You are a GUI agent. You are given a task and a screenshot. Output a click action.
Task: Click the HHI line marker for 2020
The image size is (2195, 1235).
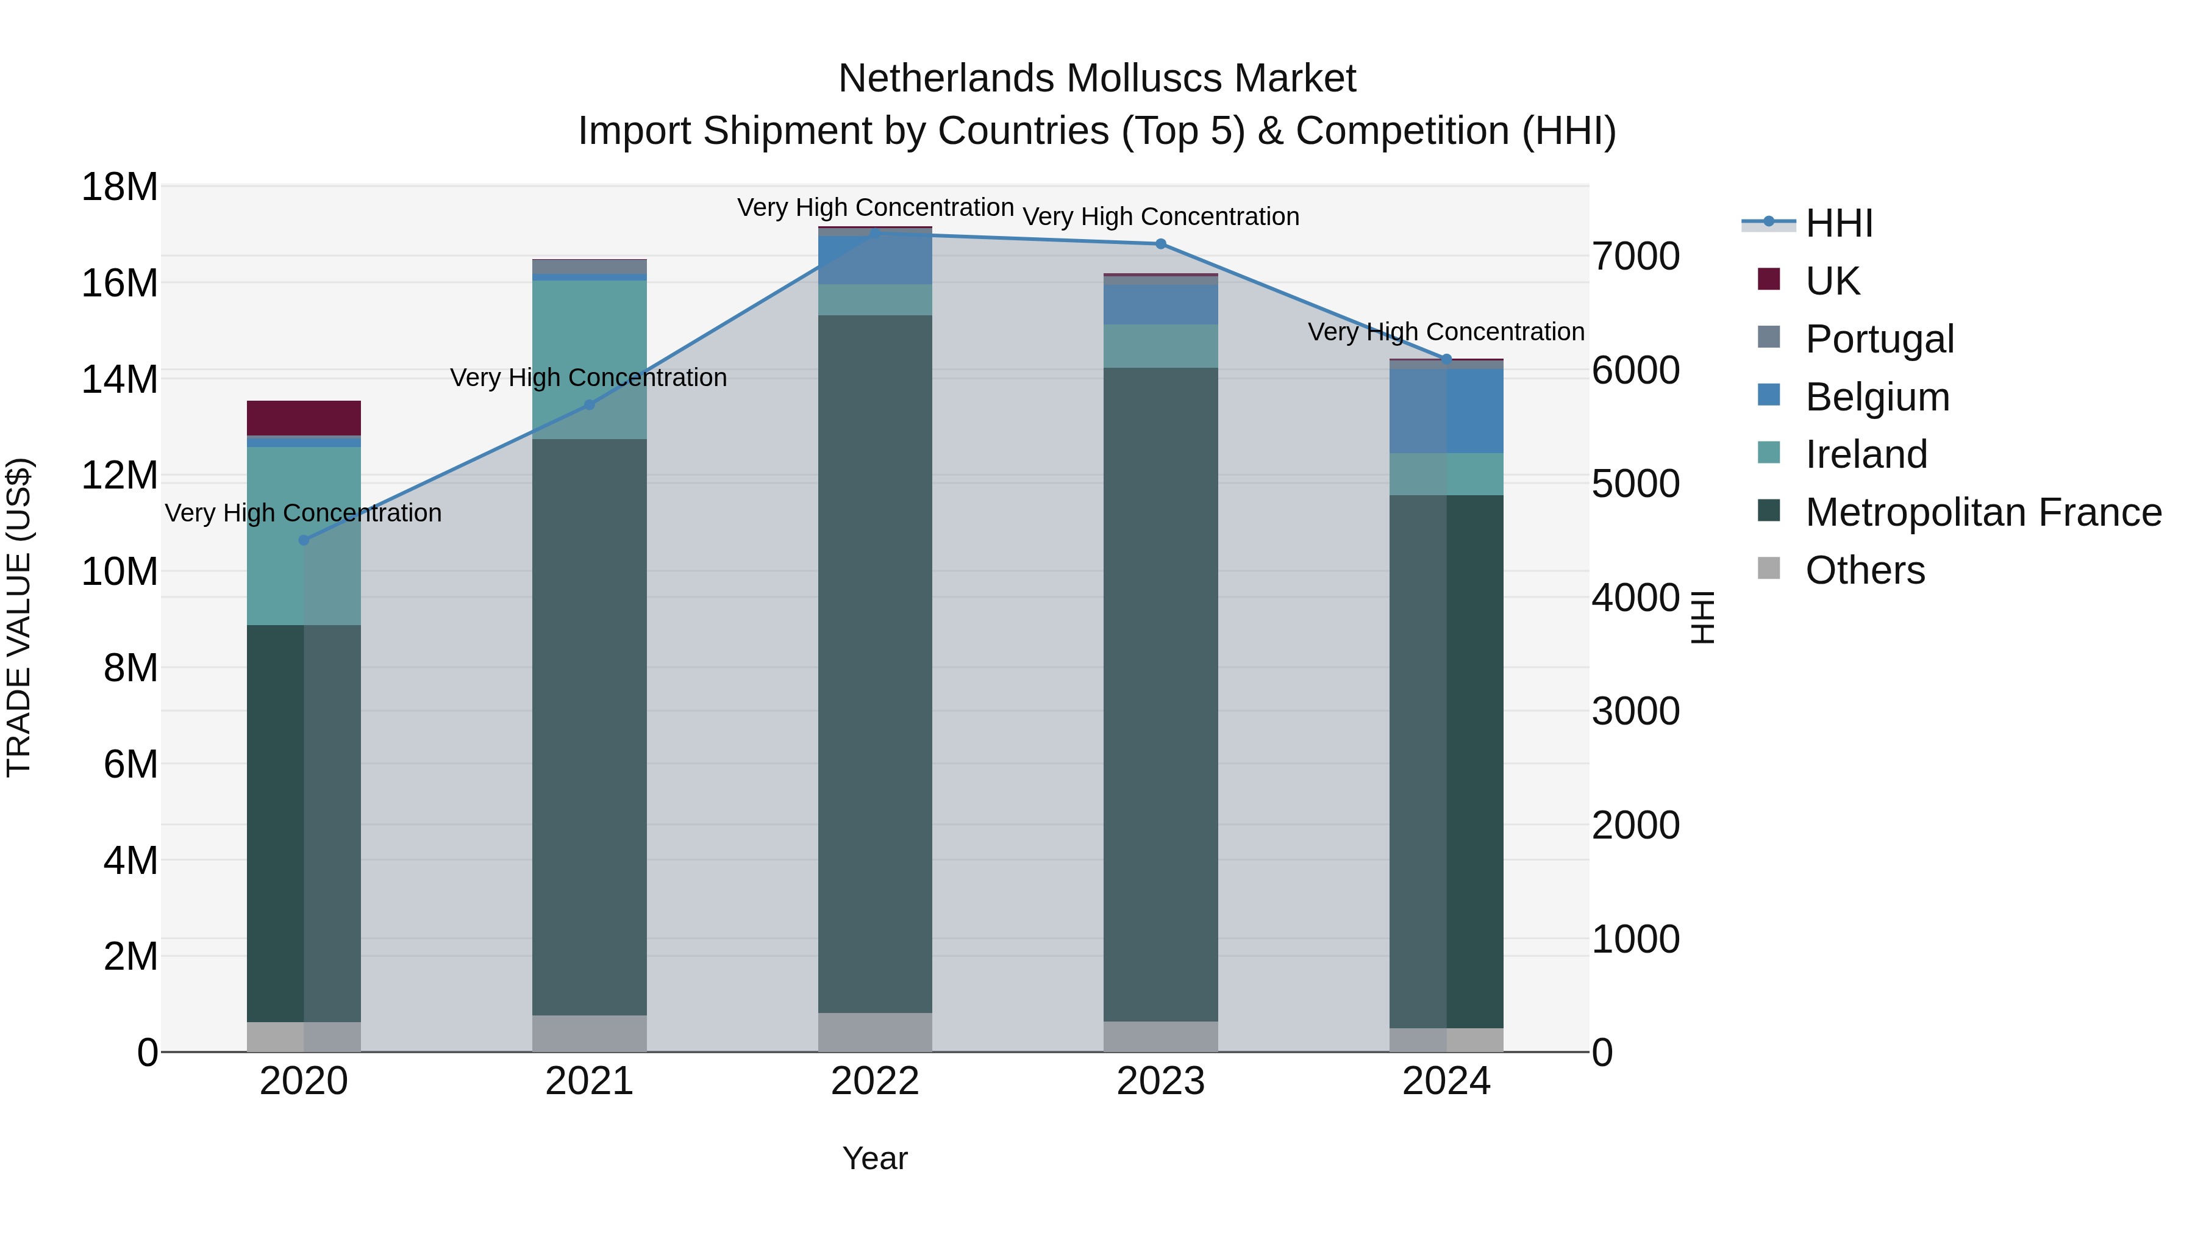[304, 540]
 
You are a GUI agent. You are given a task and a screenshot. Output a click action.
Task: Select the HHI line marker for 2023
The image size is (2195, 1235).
[1160, 244]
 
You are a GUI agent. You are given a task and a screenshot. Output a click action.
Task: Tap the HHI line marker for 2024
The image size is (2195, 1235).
[1446, 359]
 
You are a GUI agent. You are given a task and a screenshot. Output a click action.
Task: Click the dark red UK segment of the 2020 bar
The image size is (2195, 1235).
[304, 418]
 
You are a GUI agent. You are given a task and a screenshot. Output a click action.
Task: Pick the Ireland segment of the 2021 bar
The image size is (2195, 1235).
[589, 358]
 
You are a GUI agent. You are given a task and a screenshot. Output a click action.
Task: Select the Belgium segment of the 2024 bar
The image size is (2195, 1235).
[1446, 411]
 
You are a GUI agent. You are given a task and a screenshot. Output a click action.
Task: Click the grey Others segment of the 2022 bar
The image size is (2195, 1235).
[875, 1032]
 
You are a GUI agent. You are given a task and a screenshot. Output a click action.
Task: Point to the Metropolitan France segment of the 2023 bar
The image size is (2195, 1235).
[1160, 695]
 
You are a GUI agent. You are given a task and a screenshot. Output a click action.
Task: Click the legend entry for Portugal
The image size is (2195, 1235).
[1879, 339]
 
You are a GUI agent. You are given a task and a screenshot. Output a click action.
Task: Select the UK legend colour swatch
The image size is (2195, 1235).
[1769, 279]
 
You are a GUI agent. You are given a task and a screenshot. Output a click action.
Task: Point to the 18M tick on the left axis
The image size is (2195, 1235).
[120, 187]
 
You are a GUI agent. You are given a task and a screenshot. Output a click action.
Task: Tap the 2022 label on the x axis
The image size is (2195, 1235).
[875, 1081]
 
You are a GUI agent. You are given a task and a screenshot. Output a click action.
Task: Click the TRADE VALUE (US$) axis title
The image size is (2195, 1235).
[19, 617]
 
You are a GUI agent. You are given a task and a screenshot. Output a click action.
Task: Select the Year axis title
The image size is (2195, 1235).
[875, 1158]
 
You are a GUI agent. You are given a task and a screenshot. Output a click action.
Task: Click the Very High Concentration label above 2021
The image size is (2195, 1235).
[589, 378]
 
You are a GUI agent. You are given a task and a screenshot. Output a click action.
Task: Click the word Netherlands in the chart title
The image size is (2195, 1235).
[946, 79]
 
